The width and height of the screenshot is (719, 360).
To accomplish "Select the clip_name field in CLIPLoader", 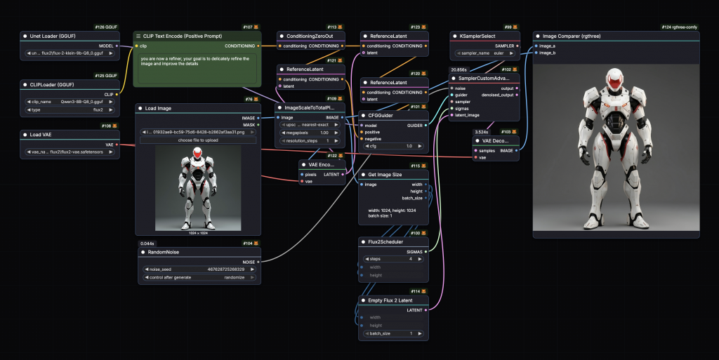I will [70, 101].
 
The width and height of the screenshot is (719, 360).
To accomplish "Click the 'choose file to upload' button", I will [198, 140].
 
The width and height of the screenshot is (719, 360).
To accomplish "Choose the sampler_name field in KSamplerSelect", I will [485, 53].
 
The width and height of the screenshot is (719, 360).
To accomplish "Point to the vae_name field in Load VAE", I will [70, 152].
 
